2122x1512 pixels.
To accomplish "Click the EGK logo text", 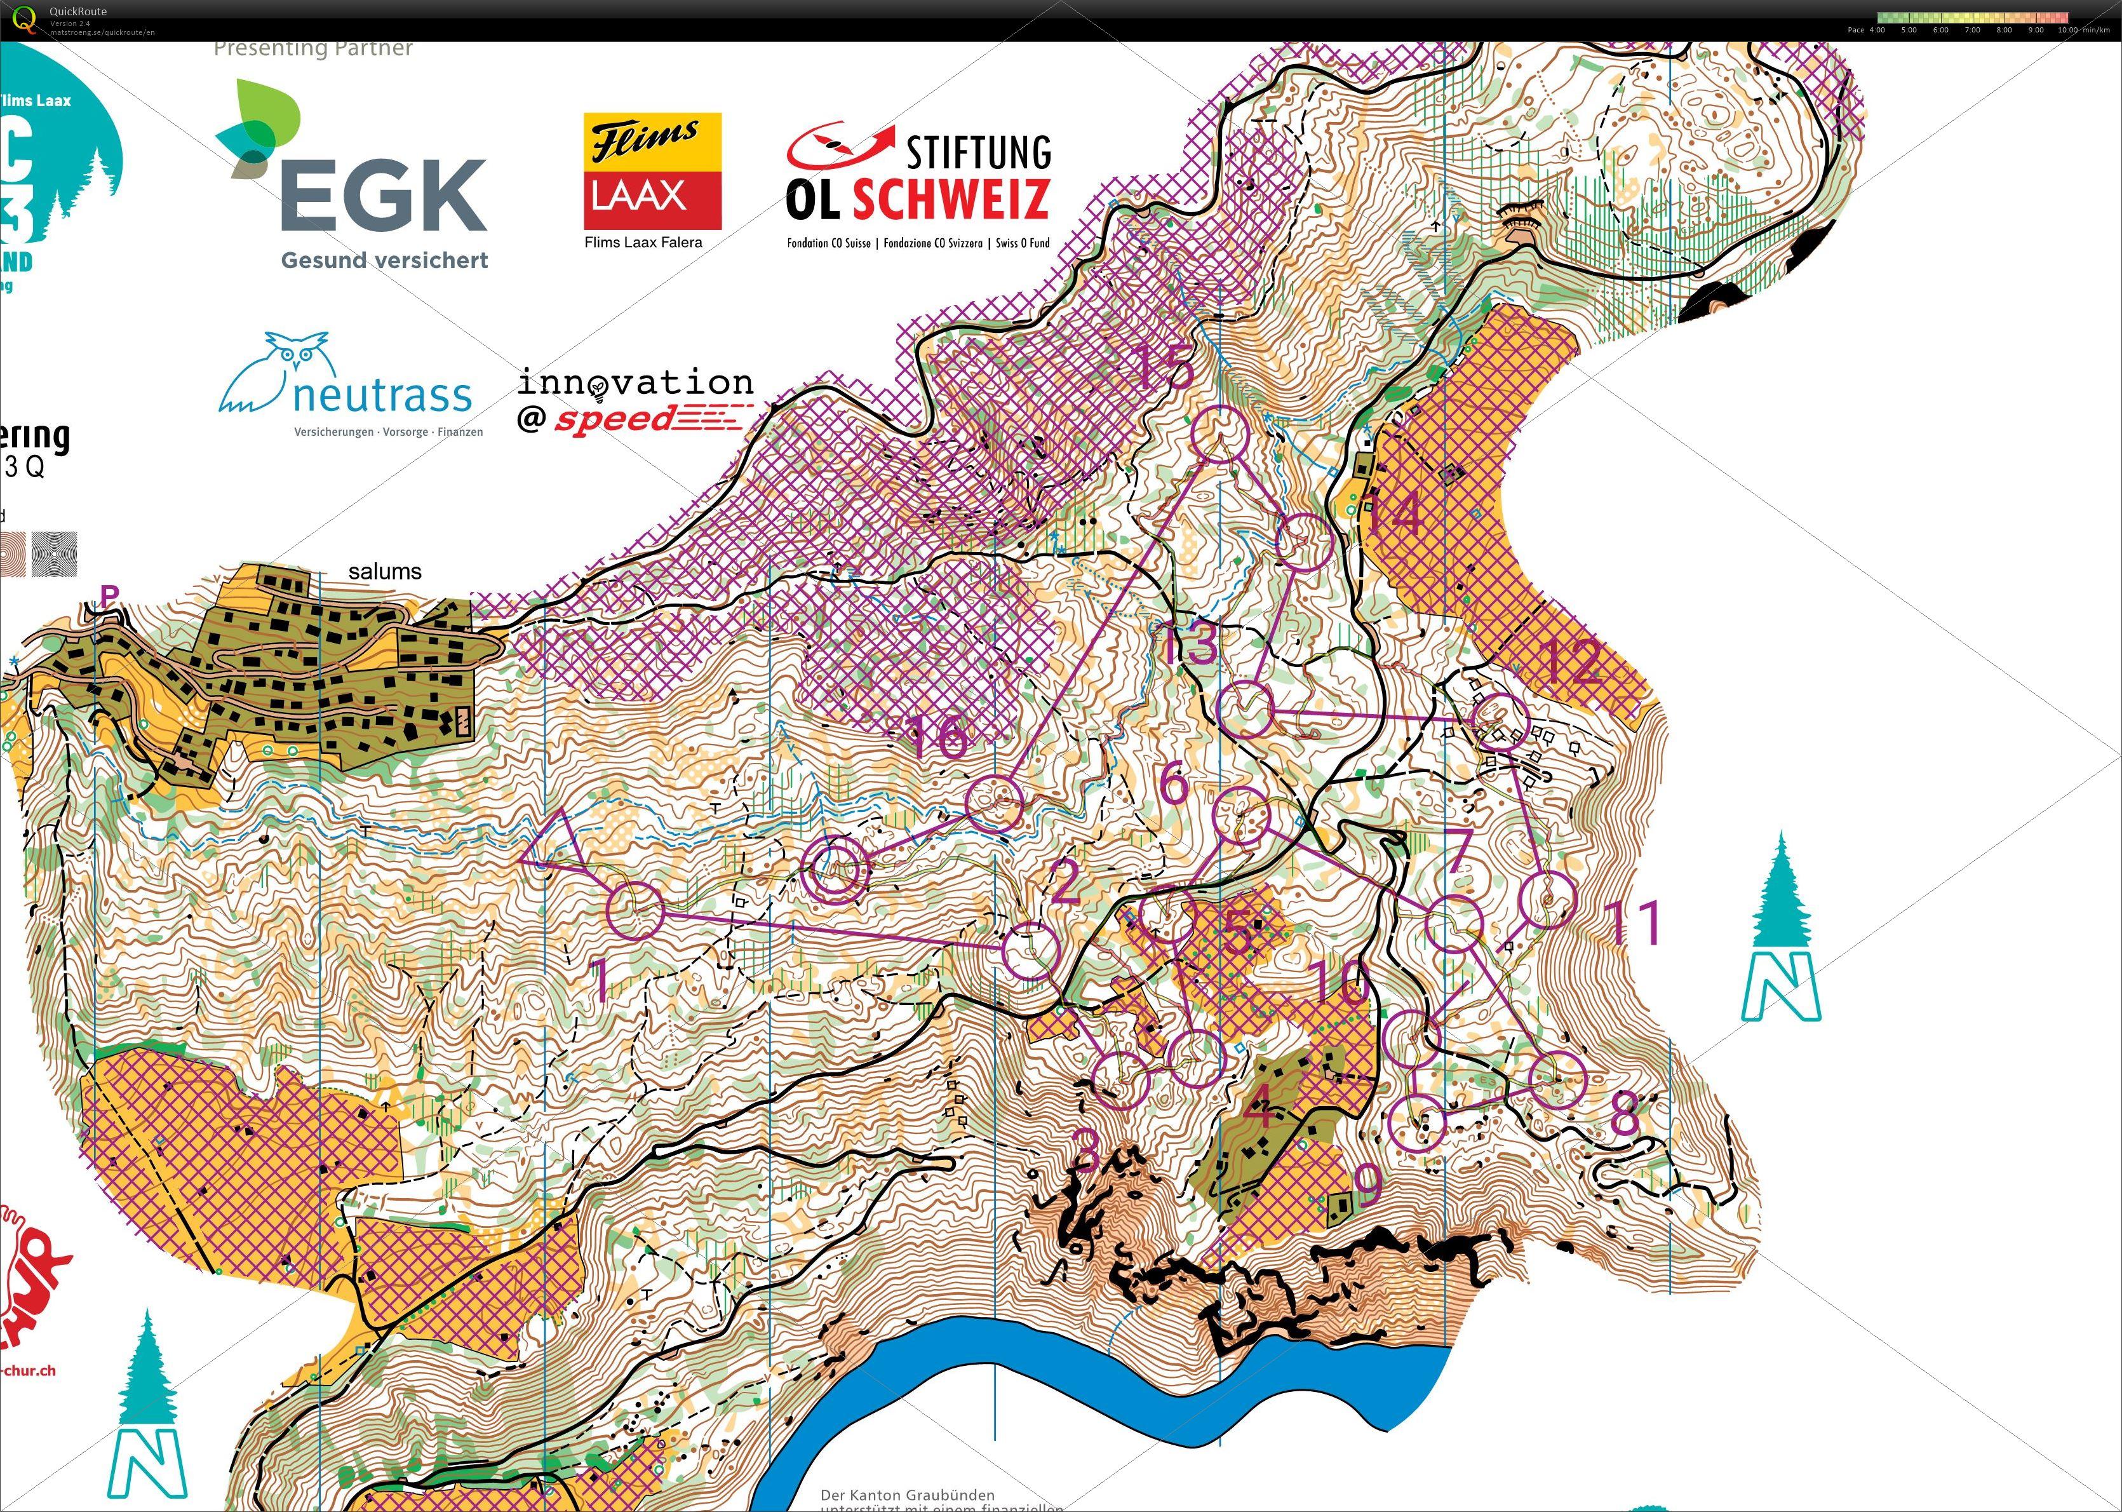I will click(384, 196).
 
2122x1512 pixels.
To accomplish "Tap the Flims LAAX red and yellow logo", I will click(652, 172).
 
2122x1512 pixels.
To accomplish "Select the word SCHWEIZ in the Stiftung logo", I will click(951, 198).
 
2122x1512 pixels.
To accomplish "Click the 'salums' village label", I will click(384, 572).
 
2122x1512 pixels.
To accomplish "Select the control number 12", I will click(1572, 662).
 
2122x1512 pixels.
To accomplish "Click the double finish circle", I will click(835, 868).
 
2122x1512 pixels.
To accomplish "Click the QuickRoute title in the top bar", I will click(78, 11).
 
